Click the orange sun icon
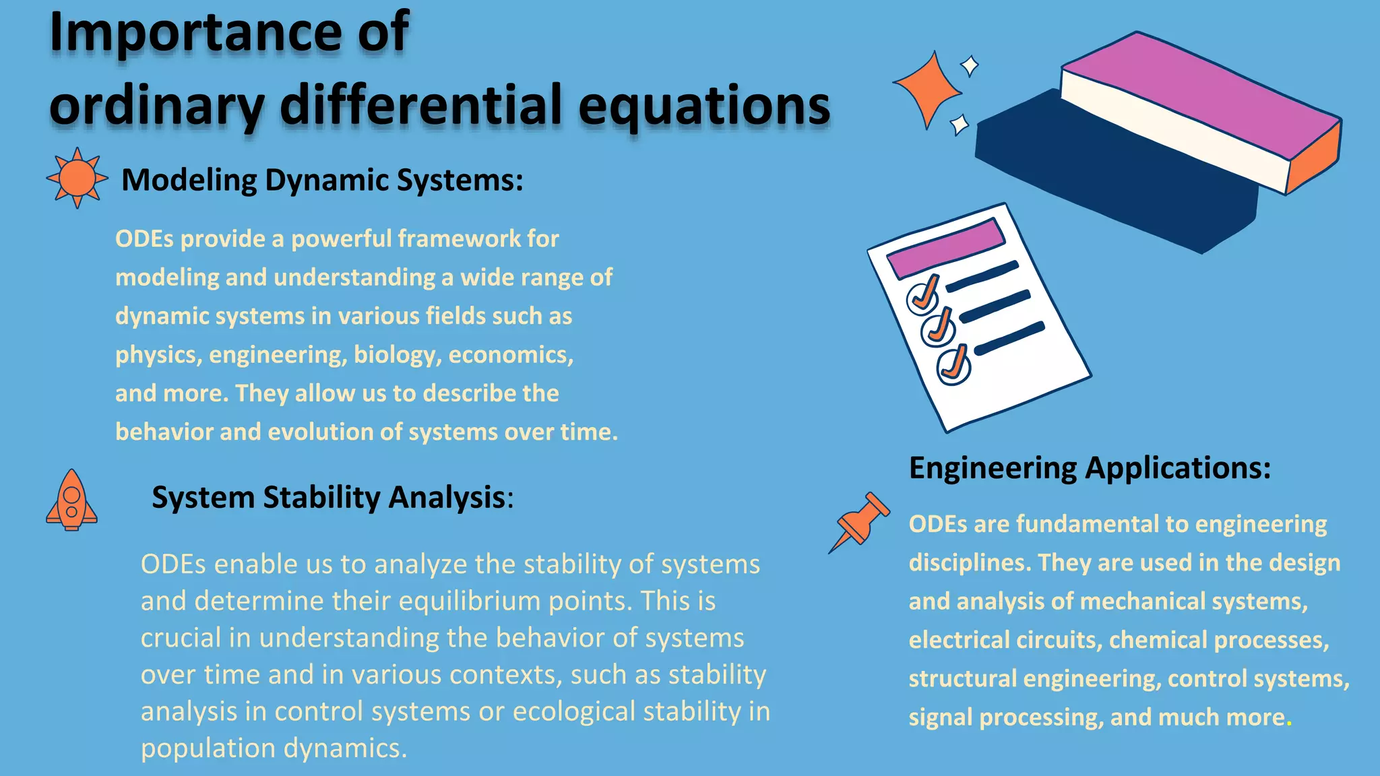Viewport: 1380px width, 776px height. coord(77,178)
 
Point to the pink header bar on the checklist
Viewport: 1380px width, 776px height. coord(945,247)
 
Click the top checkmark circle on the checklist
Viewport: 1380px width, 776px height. coord(922,297)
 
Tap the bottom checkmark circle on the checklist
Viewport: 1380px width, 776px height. coord(953,366)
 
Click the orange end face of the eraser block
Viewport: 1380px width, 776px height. coord(1314,159)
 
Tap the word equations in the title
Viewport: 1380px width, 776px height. coord(704,106)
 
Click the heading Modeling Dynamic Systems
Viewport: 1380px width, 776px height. coord(322,181)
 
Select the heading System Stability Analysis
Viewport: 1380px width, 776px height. coord(332,498)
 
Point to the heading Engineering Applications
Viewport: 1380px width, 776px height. coord(1090,467)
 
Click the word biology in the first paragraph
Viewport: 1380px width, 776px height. coord(398,355)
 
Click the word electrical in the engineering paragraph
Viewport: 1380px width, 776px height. coord(959,640)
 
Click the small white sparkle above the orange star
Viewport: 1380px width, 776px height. coord(970,66)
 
